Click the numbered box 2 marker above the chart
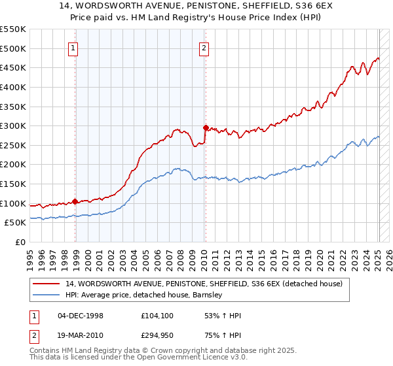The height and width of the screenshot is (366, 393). (x=204, y=47)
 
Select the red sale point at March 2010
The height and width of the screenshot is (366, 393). (x=206, y=128)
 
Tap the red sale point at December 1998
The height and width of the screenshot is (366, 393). (x=75, y=202)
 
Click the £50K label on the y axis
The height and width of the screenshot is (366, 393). (x=16, y=223)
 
